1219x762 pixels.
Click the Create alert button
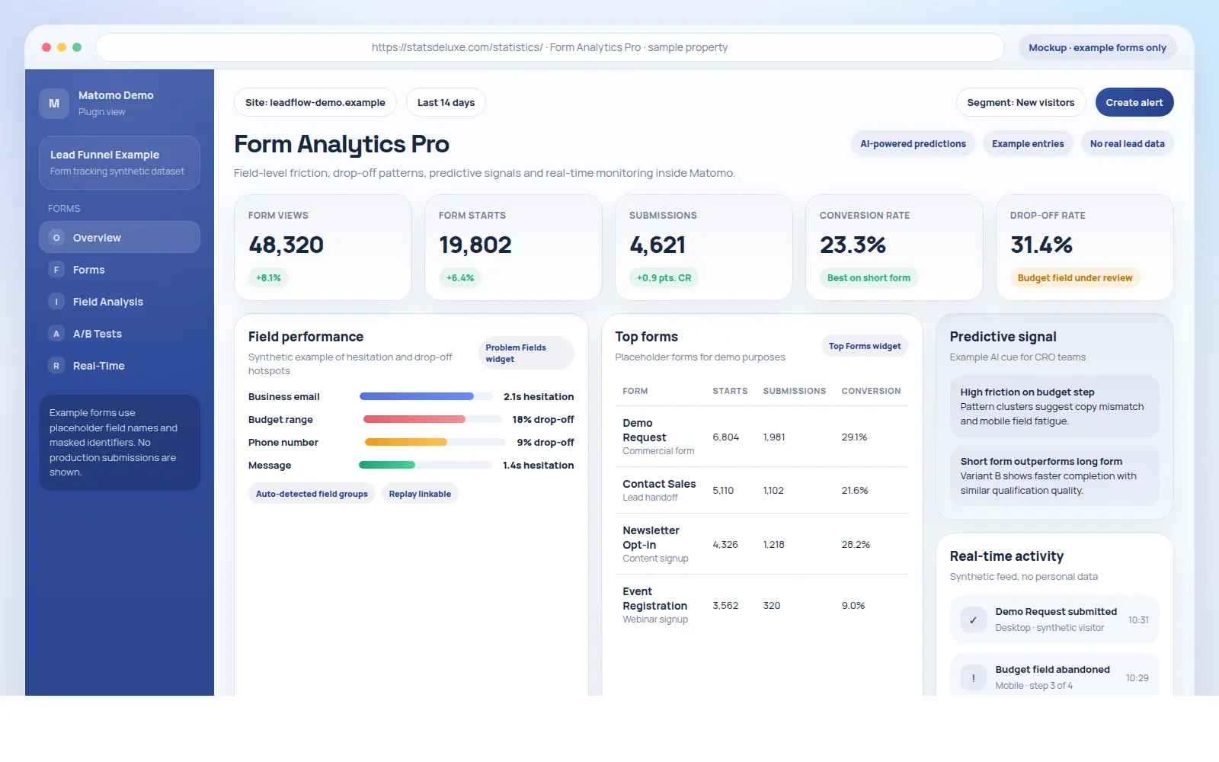(x=1134, y=103)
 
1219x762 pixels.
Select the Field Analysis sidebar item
(x=107, y=302)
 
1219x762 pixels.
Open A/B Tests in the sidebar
(x=97, y=334)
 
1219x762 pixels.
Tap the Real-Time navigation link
(x=98, y=366)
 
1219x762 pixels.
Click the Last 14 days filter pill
(x=446, y=103)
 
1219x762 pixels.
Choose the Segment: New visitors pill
(x=1020, y=103)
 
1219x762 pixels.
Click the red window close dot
(x=46, y=47)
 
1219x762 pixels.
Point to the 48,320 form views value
(x=286, y=245)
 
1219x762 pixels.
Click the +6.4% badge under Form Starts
(x=460, y=278)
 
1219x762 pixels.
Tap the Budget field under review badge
(x=1074, y=278)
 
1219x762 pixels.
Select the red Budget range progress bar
(x=414, y=419)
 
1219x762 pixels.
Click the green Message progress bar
(x=387, y=465)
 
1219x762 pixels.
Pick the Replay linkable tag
(x=420, y=494)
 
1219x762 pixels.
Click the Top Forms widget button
(x=864, y=346)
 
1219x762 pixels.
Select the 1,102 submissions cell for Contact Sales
(x=773, y=491)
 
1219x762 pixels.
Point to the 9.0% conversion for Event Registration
(x=853, y=606)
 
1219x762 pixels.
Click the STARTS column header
(x=730, y=391)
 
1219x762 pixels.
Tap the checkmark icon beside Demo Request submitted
(x=973, y=620)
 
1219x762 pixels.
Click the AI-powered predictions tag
(x=913, y=144)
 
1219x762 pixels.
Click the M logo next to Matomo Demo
(x=54, y=104)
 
